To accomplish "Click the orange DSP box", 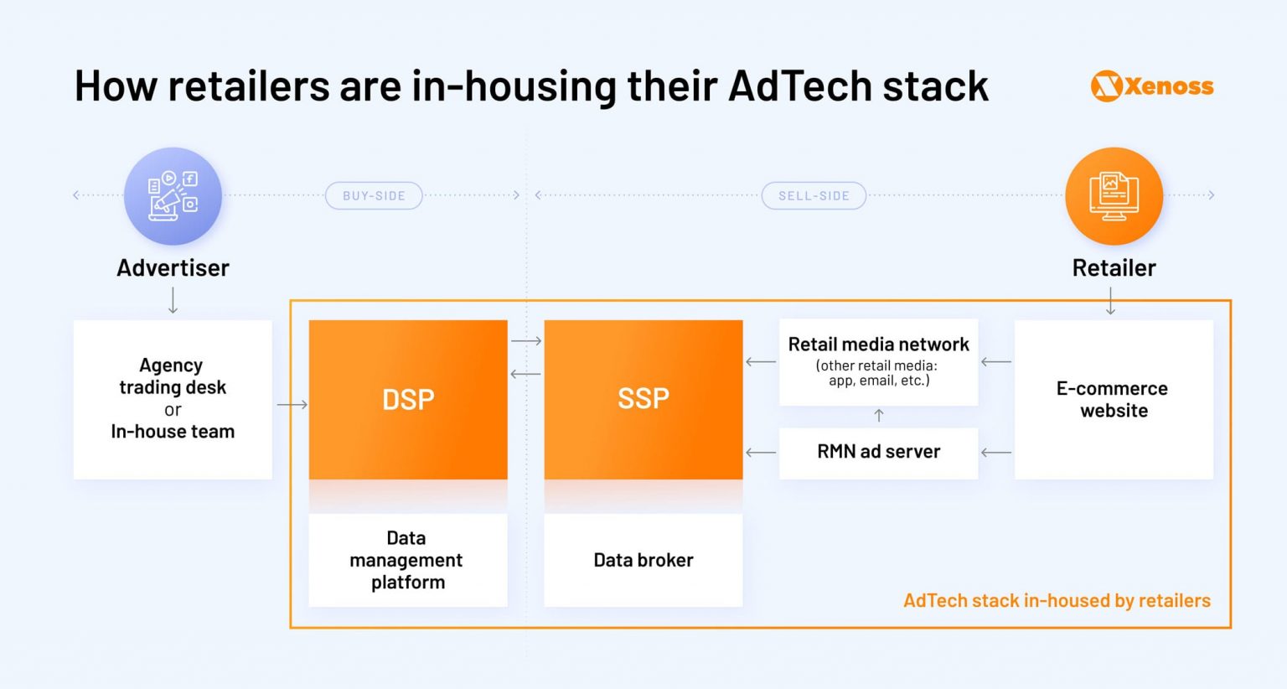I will click(408, 399).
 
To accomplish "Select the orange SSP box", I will click(643, 399).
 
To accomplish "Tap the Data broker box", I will click(643, 560).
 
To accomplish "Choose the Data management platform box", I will click(408, 560).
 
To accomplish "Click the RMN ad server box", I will click(878, 453).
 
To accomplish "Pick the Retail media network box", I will click(878, 361).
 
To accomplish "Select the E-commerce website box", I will click(1114, 399).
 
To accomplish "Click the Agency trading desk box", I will click(173, 399).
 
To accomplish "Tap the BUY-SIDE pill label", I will click(374, 195).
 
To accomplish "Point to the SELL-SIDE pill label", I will click(814, 195).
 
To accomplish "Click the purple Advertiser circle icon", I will click(173, 196).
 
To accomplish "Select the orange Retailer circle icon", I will click(1114, 196).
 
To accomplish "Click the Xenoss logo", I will click(1152, 86).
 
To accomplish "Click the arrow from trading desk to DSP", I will click(292, 405).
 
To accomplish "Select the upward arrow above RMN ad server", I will click(878, 416).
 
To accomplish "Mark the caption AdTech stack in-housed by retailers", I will click(1057, 600).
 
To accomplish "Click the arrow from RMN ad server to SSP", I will click(761, 453).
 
